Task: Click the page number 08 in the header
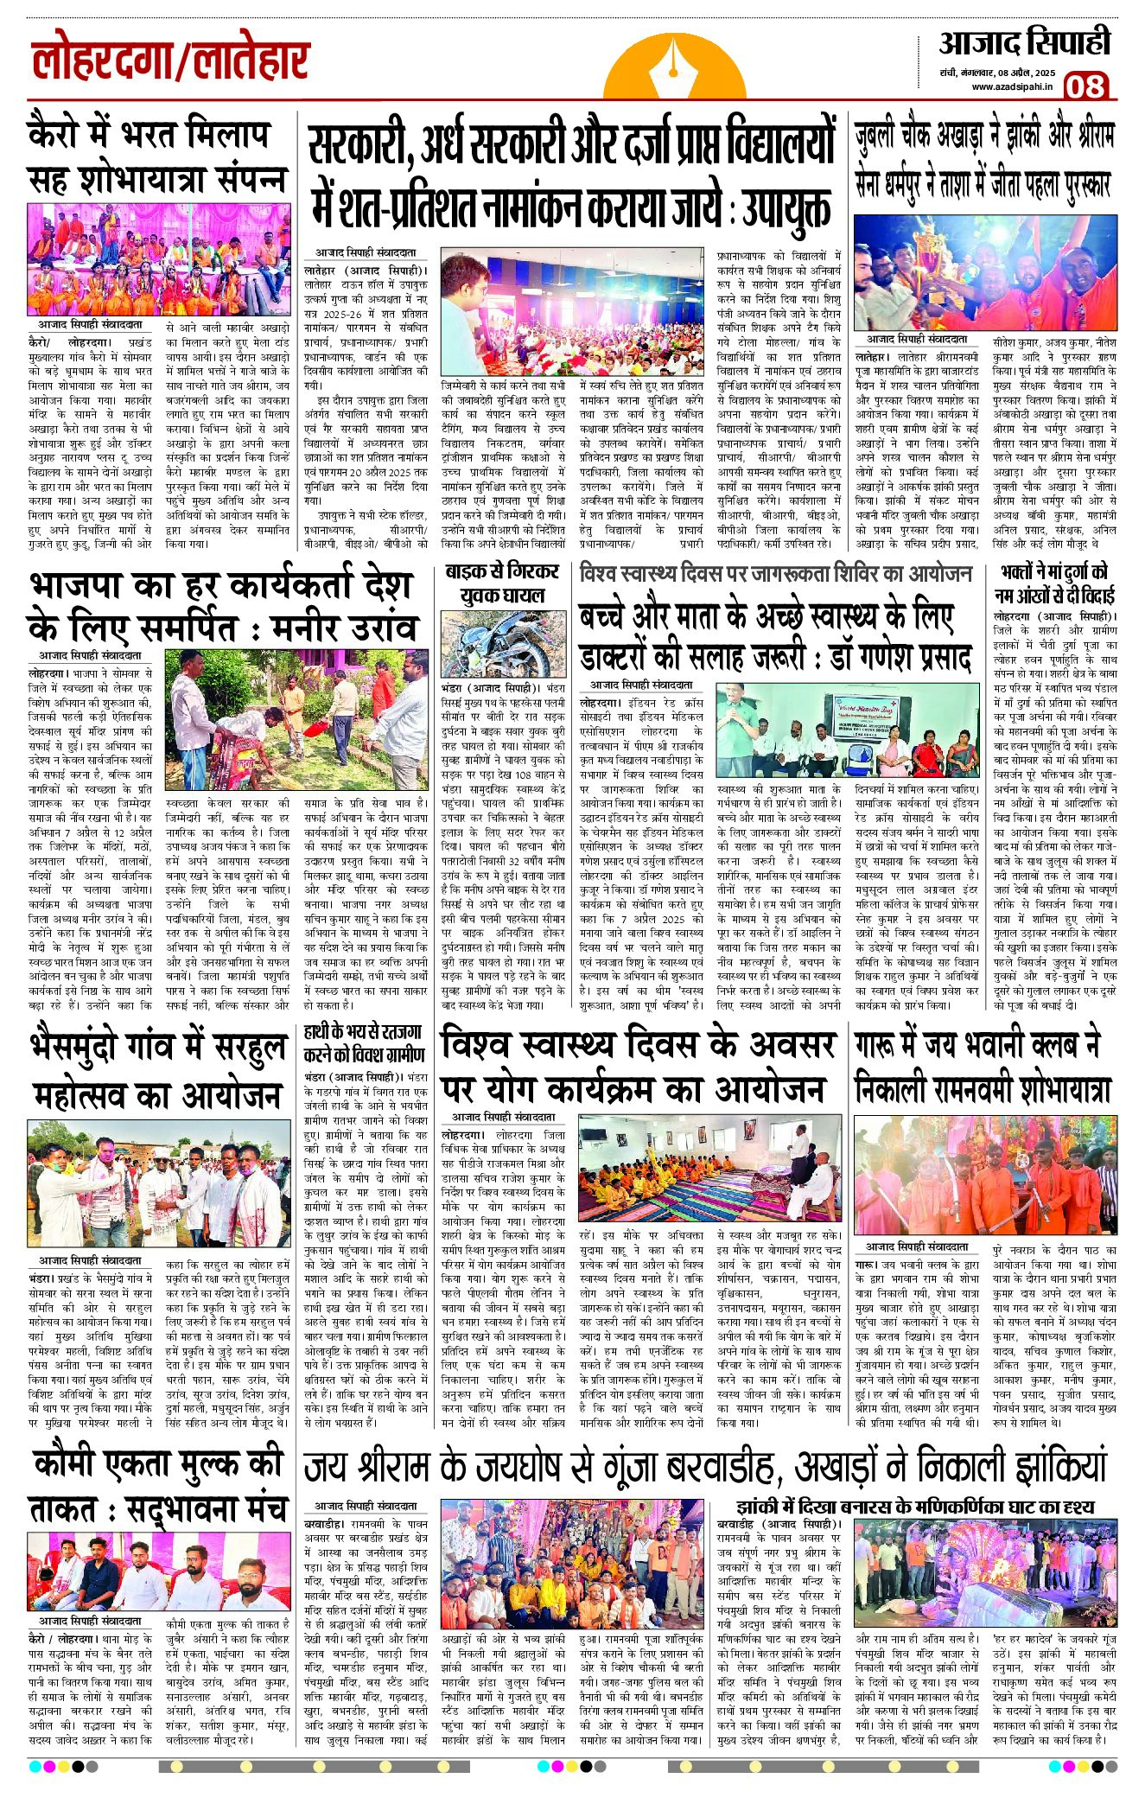click(1085, 86)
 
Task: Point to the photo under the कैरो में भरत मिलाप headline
click(159, 259)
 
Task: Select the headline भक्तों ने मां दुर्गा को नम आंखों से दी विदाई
click(1054, 583)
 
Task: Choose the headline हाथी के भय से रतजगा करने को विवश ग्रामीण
click(365, 1043)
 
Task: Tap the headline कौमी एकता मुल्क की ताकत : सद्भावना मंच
click(157, 1487)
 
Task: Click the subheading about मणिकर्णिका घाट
click(914, 1507)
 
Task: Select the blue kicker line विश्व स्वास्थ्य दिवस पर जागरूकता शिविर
click(775, 573)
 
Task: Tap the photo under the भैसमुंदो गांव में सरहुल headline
click(159, 1182)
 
